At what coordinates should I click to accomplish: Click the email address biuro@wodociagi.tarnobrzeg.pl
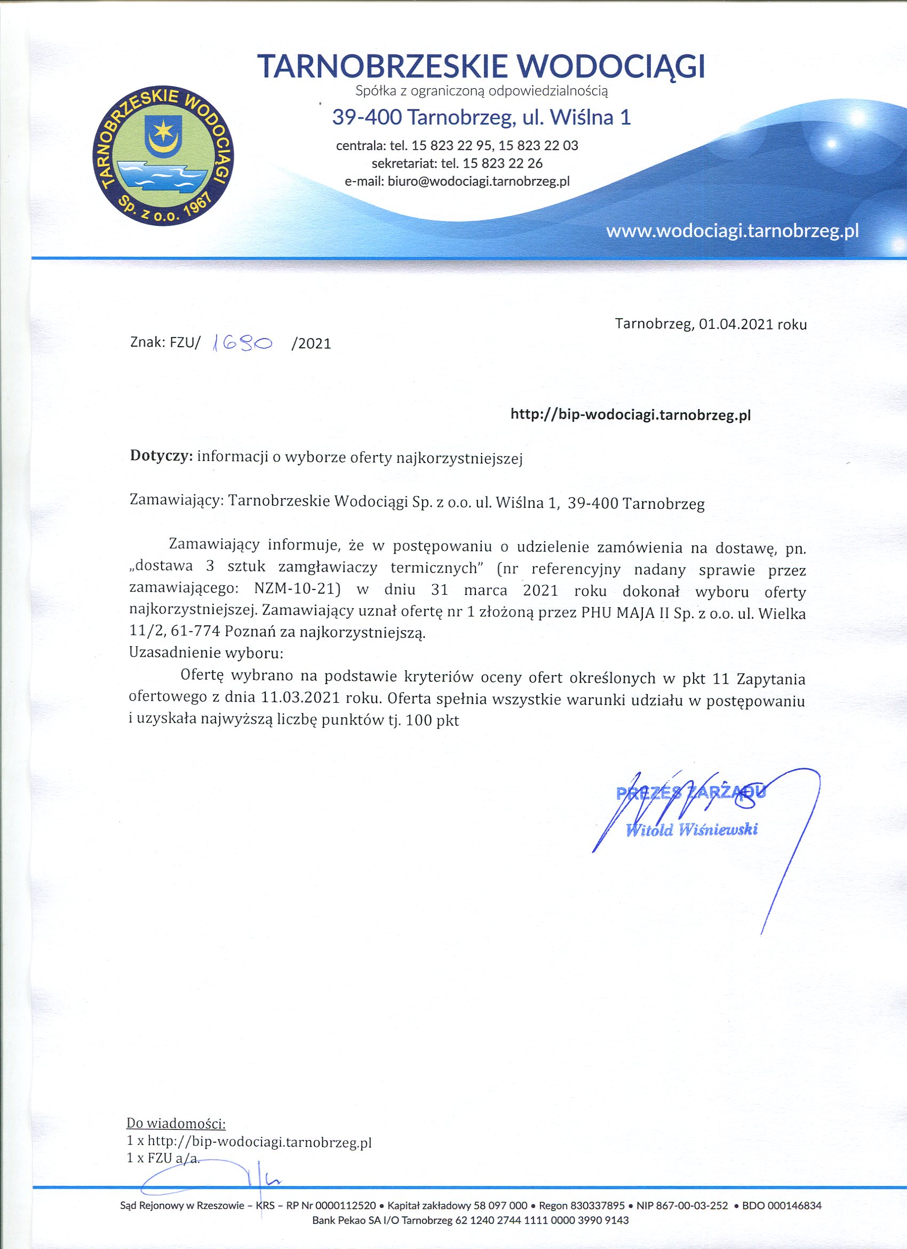[x=478, y=181]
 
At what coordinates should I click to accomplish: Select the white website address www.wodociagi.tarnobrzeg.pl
[x=732, y=231]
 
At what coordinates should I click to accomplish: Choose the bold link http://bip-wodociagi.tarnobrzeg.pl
[x=631, y=415]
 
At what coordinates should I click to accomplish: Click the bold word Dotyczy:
[x=161, y=457]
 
